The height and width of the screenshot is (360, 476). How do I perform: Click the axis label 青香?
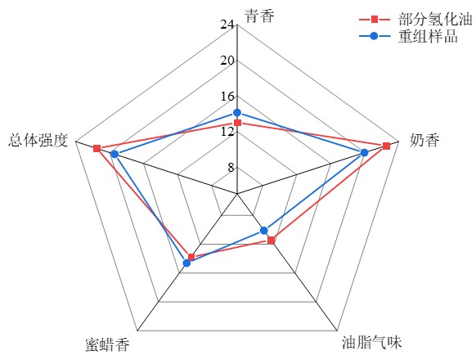[x=259, y=16]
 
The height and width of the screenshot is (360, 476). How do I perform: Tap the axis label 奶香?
[x=424, y=141]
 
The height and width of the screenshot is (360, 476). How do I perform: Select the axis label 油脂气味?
[x=372, y=342]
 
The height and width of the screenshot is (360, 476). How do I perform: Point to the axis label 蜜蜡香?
[x=107, y=344]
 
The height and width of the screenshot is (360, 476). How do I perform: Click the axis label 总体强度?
[x=38, y=141]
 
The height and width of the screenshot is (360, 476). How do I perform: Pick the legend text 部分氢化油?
[x=436, y=20]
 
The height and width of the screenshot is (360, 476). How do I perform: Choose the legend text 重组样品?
[x=428, y=36]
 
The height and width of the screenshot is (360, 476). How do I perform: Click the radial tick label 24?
[x=227, y=25]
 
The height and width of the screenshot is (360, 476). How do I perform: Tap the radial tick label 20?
[x=227, y=61]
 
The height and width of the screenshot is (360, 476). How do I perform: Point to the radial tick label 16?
[x=227, y=97]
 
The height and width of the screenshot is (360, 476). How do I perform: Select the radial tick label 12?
[x=227, y=132]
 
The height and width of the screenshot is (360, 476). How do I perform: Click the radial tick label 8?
[x=231, y=168]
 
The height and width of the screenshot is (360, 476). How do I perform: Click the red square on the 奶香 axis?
[x=386, y=146]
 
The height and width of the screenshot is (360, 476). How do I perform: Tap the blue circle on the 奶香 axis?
[x=364, y=153]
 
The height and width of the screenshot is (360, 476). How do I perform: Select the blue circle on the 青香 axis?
[x=237, y=113]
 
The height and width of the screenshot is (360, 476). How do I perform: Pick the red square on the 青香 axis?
[x=237, y=123]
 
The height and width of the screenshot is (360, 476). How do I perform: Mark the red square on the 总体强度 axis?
[x=97, y=149]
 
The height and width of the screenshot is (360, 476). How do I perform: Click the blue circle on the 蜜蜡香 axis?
[x=187, y=263]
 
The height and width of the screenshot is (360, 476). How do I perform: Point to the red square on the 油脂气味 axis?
[x=272, y=241]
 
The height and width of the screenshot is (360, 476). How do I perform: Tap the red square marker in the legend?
[x=375, y=20]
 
